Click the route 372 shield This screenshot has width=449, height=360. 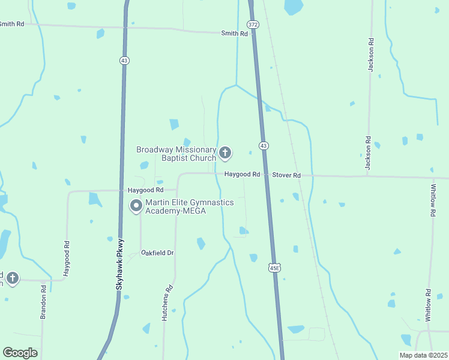click(253, 24)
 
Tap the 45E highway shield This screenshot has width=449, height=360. click(274, 267)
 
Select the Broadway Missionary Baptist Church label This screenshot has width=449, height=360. click(176, 154)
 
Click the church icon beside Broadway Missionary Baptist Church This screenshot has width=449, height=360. click(225, 154)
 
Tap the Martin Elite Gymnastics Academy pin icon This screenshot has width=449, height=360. click(136, 206)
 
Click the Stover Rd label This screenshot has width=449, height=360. click(286, 175)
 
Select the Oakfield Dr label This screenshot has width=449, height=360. click(157, 253)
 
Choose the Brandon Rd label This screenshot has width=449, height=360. click(44, 302)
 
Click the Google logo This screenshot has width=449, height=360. click(20, 353)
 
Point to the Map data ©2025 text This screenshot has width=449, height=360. click(424, 355)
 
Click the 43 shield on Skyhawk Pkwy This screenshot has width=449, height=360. click(124, 60)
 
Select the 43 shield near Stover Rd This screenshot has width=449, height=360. click(264, 145)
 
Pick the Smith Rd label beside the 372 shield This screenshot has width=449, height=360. click(234, 34)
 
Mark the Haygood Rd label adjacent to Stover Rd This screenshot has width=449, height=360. click(242, 175)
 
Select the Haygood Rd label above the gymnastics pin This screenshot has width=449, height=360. click(145, 190)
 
